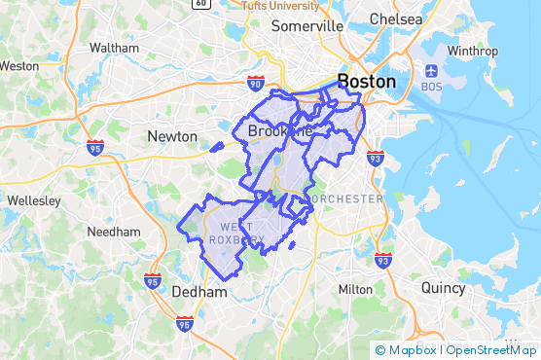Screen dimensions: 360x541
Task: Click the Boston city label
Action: pos(366,81)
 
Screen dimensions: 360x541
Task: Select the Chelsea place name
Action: pos(396,19)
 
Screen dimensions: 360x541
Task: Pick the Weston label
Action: pos(19,66)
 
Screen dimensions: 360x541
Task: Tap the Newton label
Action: pos(172,136)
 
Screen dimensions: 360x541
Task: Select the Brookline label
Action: pos(279,131)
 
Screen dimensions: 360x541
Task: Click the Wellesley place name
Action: pos(33,199)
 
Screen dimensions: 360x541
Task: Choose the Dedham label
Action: pos(198,291)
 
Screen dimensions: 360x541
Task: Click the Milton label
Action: pos(355,289)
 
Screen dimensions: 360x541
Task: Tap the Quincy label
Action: pos(444,287)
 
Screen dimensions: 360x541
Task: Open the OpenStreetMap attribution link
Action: pos(490,350)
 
